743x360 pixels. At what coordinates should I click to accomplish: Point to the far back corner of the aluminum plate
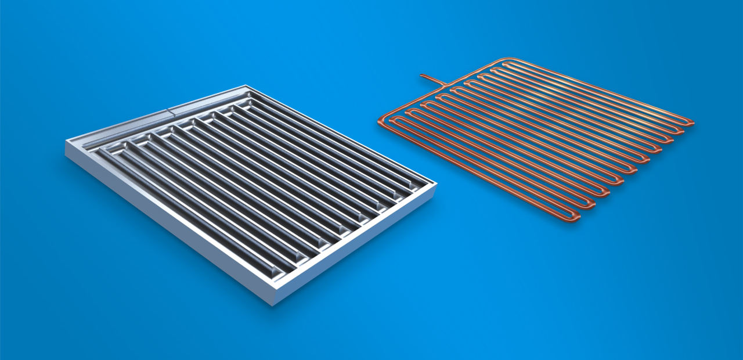pos(241,87)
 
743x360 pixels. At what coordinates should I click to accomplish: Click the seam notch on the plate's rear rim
pos(168,109)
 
